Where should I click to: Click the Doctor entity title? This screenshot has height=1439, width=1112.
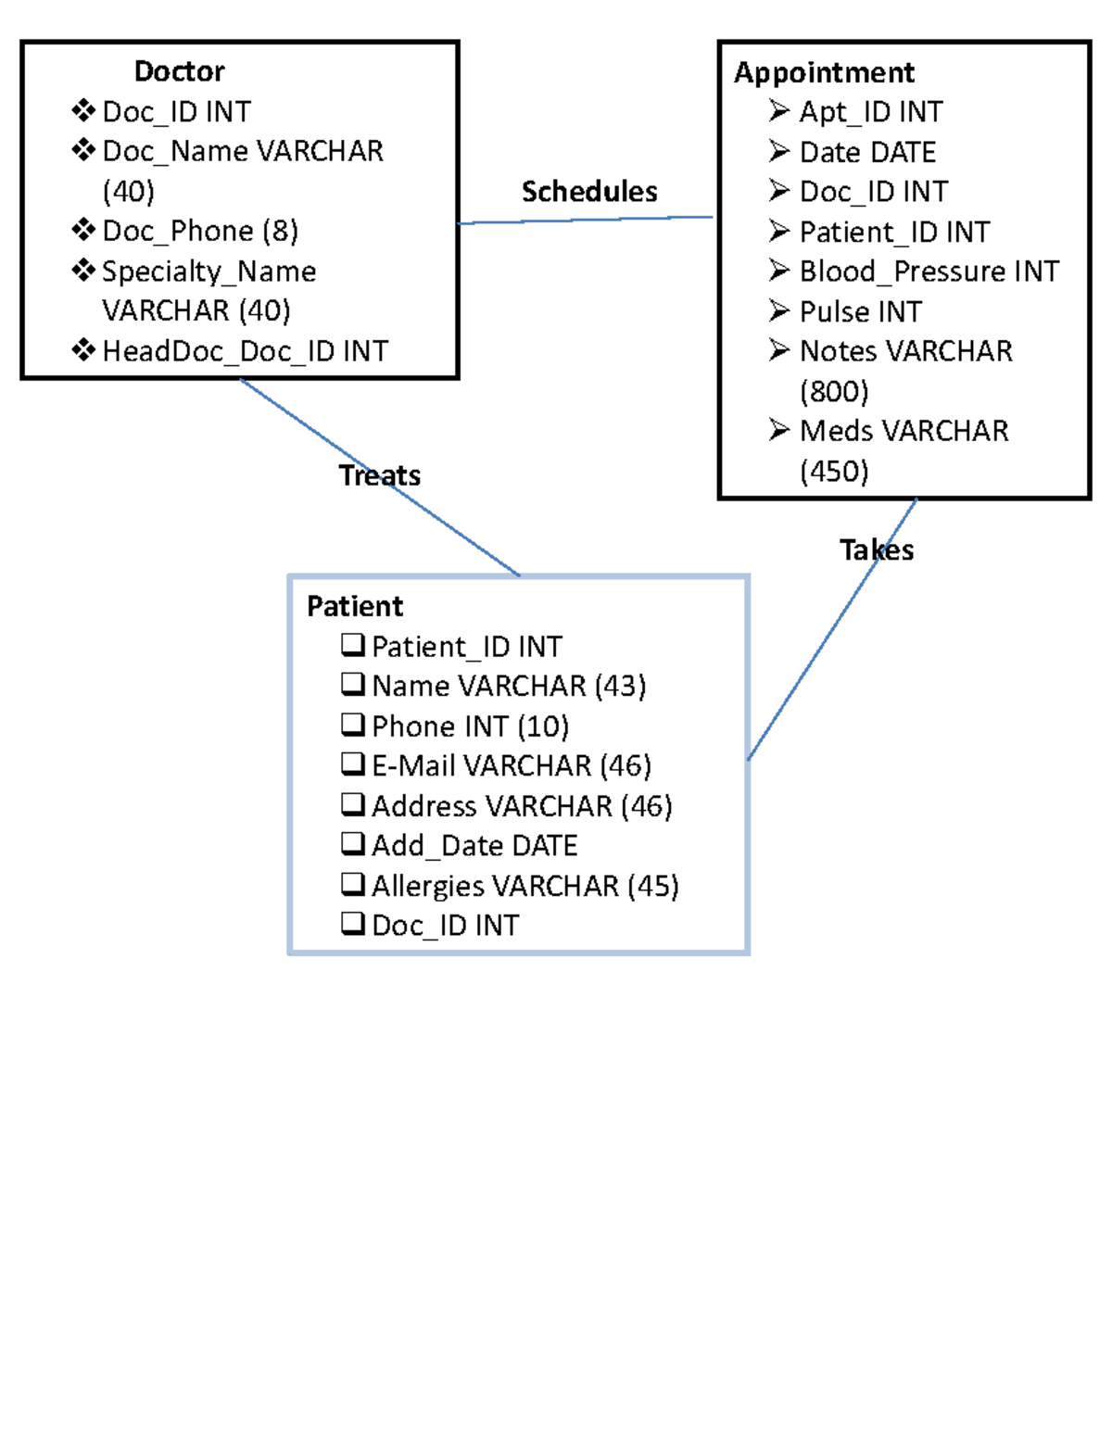pyautogui.click(x=179, y=71)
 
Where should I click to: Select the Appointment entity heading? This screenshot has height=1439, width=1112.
pyautogui.click(x=824, y=72)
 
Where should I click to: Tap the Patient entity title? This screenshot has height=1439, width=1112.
pyautogui.click(x=355, y=606)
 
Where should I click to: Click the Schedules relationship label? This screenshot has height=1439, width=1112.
pyautogui.click(x=589, y=192)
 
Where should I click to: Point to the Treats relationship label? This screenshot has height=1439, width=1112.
pyautogui.click(x=379, y=475)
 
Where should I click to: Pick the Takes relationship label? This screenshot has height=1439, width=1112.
pyautogui.click(x=877, y=550)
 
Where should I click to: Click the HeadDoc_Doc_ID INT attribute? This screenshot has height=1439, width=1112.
pyautogui.click(x=245, y=351)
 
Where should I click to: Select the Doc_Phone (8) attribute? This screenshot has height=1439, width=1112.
pyautogui.click(x=200, y=231)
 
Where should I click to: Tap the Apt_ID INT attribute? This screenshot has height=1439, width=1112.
pyautogui.click(x=870, y=112)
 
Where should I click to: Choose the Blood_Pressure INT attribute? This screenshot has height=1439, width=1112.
pyautogui.click(x=929, y=271)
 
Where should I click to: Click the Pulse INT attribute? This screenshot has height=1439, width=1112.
pyautogui.click(x=860, y=311)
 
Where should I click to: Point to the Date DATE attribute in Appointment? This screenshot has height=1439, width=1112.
pyautogui.click(x=867, y=152)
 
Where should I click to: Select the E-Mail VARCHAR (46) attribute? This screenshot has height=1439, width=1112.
pyautogui.click(x=512, y=765)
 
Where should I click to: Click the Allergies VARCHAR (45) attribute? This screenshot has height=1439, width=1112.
pyautogui.click(x=524, y=886)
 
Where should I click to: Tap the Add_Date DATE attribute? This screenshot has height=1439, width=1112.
pyautogui.click(x=474, y=845)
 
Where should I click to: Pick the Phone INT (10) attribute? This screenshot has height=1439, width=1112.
pyautogui.click(x=470, y=726)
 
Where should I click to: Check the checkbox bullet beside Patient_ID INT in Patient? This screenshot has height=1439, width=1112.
pyautogui.click(x=352, y=644)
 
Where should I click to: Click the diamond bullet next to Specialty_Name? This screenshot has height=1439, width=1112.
pyautogui.click(x=83, y=270)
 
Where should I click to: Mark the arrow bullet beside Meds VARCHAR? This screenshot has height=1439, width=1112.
pyautogui.click(x=779, y=430)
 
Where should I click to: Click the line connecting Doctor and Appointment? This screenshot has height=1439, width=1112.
pyautogui.click(x=586, y=220)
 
